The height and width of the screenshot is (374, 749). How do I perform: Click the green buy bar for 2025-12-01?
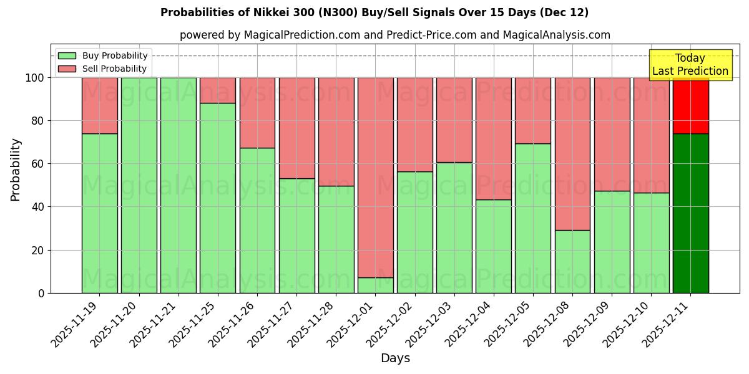click(375, 285)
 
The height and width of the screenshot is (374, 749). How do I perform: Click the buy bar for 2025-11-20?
click(139, 185)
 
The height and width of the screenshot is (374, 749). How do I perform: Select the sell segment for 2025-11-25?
click(218, 90)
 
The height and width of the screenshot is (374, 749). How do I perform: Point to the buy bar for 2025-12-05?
click(533, 218)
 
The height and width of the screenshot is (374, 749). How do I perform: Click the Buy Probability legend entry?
click(102, 55)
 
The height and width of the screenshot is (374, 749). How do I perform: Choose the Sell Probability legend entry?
click(102, 69)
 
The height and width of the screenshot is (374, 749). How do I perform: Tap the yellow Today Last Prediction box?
click(690, 65)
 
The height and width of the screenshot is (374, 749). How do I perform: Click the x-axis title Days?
click(395, 358)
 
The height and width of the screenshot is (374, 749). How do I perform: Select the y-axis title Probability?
click(16, 169)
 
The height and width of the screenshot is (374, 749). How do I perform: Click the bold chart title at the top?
click(374, 12)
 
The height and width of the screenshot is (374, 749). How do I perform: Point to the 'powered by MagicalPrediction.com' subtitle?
click(395, 35)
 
